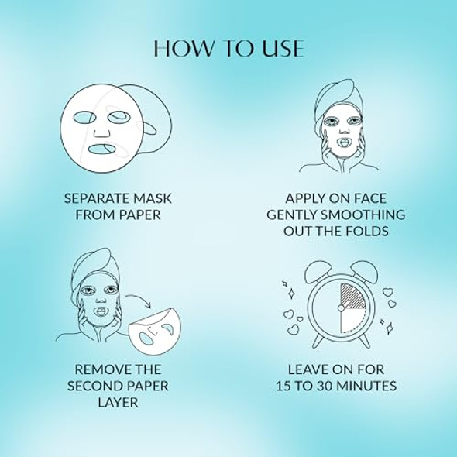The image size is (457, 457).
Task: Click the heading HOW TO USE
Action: [228, 47]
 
